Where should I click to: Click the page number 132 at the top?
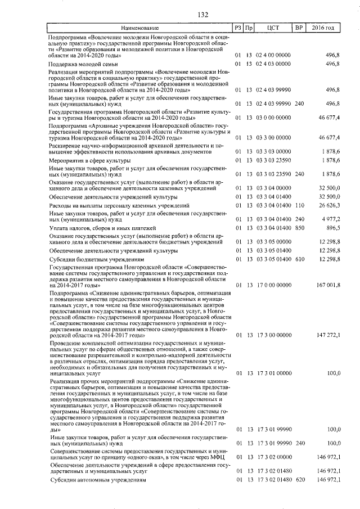click(179, 15)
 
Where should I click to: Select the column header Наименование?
click(139, 28)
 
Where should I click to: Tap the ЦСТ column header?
click(273, 28)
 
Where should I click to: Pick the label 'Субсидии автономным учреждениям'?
click(97, 480)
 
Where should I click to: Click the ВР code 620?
click(299, 480)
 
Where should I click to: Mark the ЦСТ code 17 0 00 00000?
click(273, 285)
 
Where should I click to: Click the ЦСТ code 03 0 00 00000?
click(273, 118)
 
